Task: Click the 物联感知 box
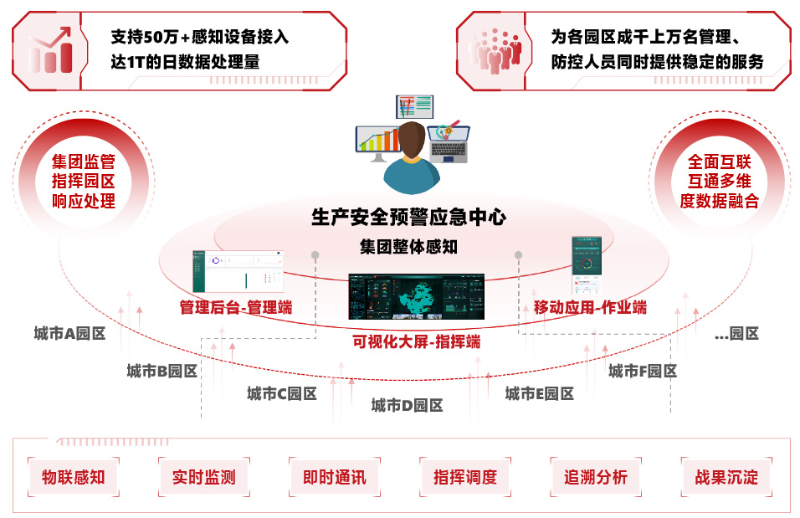click(73, 477)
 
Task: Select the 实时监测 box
click(203, 477)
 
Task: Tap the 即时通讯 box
click(334, 477)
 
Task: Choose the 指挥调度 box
click(464, 477)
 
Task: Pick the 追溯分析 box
click(595, 477)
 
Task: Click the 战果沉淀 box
click(726, 477)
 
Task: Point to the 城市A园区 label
click(69, 333)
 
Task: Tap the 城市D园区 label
click(407, 406)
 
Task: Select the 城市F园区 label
click(642, 371)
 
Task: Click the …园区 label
click(736, 333)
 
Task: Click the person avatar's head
click(411, 139)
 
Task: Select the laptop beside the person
click(449, 143)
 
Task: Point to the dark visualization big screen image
click(416, 296)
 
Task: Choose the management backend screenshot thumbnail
click(238, 272)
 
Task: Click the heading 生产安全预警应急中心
click(408, 218)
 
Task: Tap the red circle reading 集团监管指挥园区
click(84, 181)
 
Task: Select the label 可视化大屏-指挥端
click(416, 341)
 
